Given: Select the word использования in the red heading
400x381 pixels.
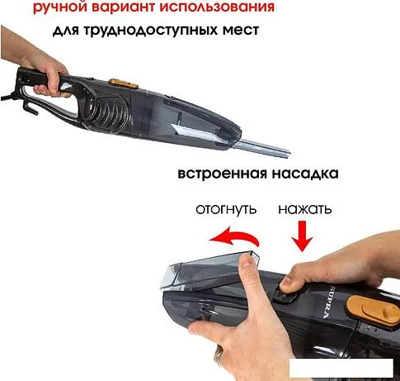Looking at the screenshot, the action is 217,7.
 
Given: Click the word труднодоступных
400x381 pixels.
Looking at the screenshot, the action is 149,30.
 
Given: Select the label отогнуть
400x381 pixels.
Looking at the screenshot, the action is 226,209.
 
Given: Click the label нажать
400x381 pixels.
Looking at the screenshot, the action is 305,209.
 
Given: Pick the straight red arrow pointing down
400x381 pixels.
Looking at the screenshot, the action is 303,236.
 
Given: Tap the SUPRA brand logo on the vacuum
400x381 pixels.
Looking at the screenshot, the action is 329,302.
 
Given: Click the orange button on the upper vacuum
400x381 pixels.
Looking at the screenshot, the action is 124,83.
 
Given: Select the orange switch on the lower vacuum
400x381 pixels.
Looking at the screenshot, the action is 374,309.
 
